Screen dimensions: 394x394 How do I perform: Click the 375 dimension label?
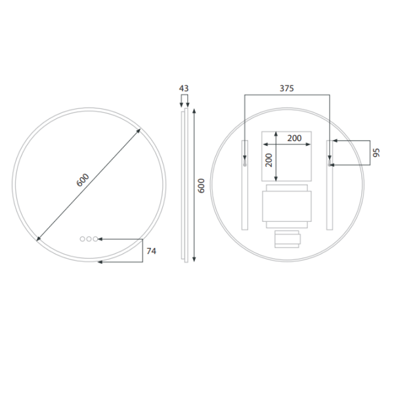[287, 88]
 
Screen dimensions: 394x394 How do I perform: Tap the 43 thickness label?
[184, 88]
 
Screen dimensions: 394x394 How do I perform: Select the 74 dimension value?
[151, 251]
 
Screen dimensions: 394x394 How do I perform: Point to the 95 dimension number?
[376, 153]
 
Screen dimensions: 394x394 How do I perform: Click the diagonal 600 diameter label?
[83, 180]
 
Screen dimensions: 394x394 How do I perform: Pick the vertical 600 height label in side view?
[202, 186]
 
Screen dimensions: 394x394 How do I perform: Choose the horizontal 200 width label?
[294, 138]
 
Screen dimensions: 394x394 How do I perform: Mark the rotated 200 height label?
[269, 160]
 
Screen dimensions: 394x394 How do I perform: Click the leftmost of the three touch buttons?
[83, 239]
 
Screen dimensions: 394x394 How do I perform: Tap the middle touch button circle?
[89, 239]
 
